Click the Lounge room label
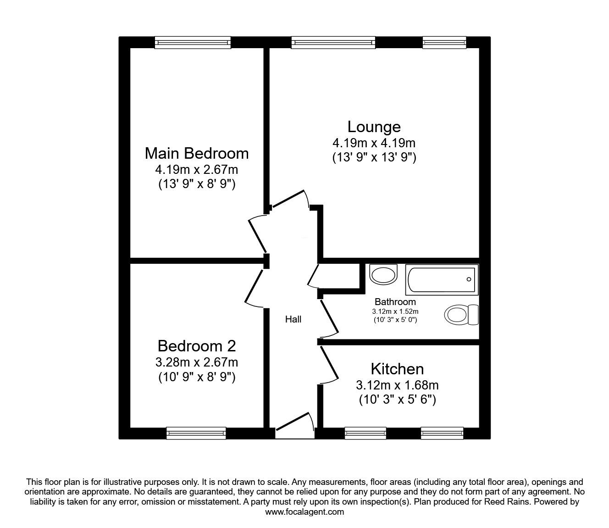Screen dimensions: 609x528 tap(374, 127)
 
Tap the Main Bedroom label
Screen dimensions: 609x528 tap(197, 154)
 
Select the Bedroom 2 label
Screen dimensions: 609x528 tap(197, 346)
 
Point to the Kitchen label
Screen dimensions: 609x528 tap(397, 369)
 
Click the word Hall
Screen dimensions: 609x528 tap(293, 319)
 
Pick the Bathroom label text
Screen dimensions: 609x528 tap(395, 301)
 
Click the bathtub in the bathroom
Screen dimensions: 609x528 tap(442, 280)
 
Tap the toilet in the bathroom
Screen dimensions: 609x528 tap(461, 315)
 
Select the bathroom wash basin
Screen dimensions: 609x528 tap(383, 274)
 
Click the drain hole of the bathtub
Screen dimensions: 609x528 tap(469, 279)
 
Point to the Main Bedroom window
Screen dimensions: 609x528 tap(193, 43)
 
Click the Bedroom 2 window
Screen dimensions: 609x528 tap(196, 433)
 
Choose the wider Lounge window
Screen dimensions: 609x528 tap(333, 43)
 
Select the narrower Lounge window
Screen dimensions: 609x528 tap(444, 43)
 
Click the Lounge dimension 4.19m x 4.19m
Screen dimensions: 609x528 tap(374, 143)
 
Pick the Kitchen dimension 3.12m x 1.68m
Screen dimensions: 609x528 tap(397, 385)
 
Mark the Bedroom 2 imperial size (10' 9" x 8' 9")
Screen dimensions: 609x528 tap(197, 377)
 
